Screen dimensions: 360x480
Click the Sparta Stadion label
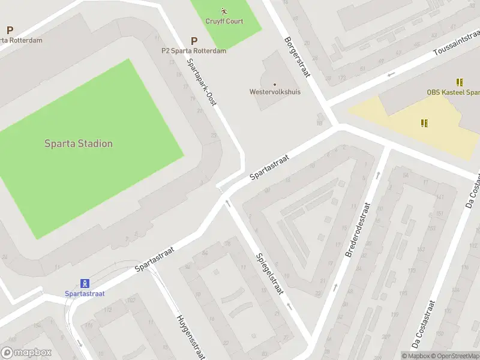pos(79,144)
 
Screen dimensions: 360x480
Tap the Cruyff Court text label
pos(224,22)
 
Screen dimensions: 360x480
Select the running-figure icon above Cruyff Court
pos(224,11)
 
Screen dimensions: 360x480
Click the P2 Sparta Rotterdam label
pos(194,51)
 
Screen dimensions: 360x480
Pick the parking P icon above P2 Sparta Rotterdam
pos(194,41)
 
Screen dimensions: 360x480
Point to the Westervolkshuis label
pos(275,92)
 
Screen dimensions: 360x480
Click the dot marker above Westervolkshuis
pos(275,84)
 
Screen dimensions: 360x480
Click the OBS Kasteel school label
pos(453,92)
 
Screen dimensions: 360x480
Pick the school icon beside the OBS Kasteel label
pos(460,82)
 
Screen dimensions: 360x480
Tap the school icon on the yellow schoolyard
pos(424,123)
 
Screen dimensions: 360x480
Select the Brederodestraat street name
pos(359,230)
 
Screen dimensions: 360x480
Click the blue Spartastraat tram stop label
pos(85,293)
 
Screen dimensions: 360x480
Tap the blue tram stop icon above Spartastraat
pos(85,283)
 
